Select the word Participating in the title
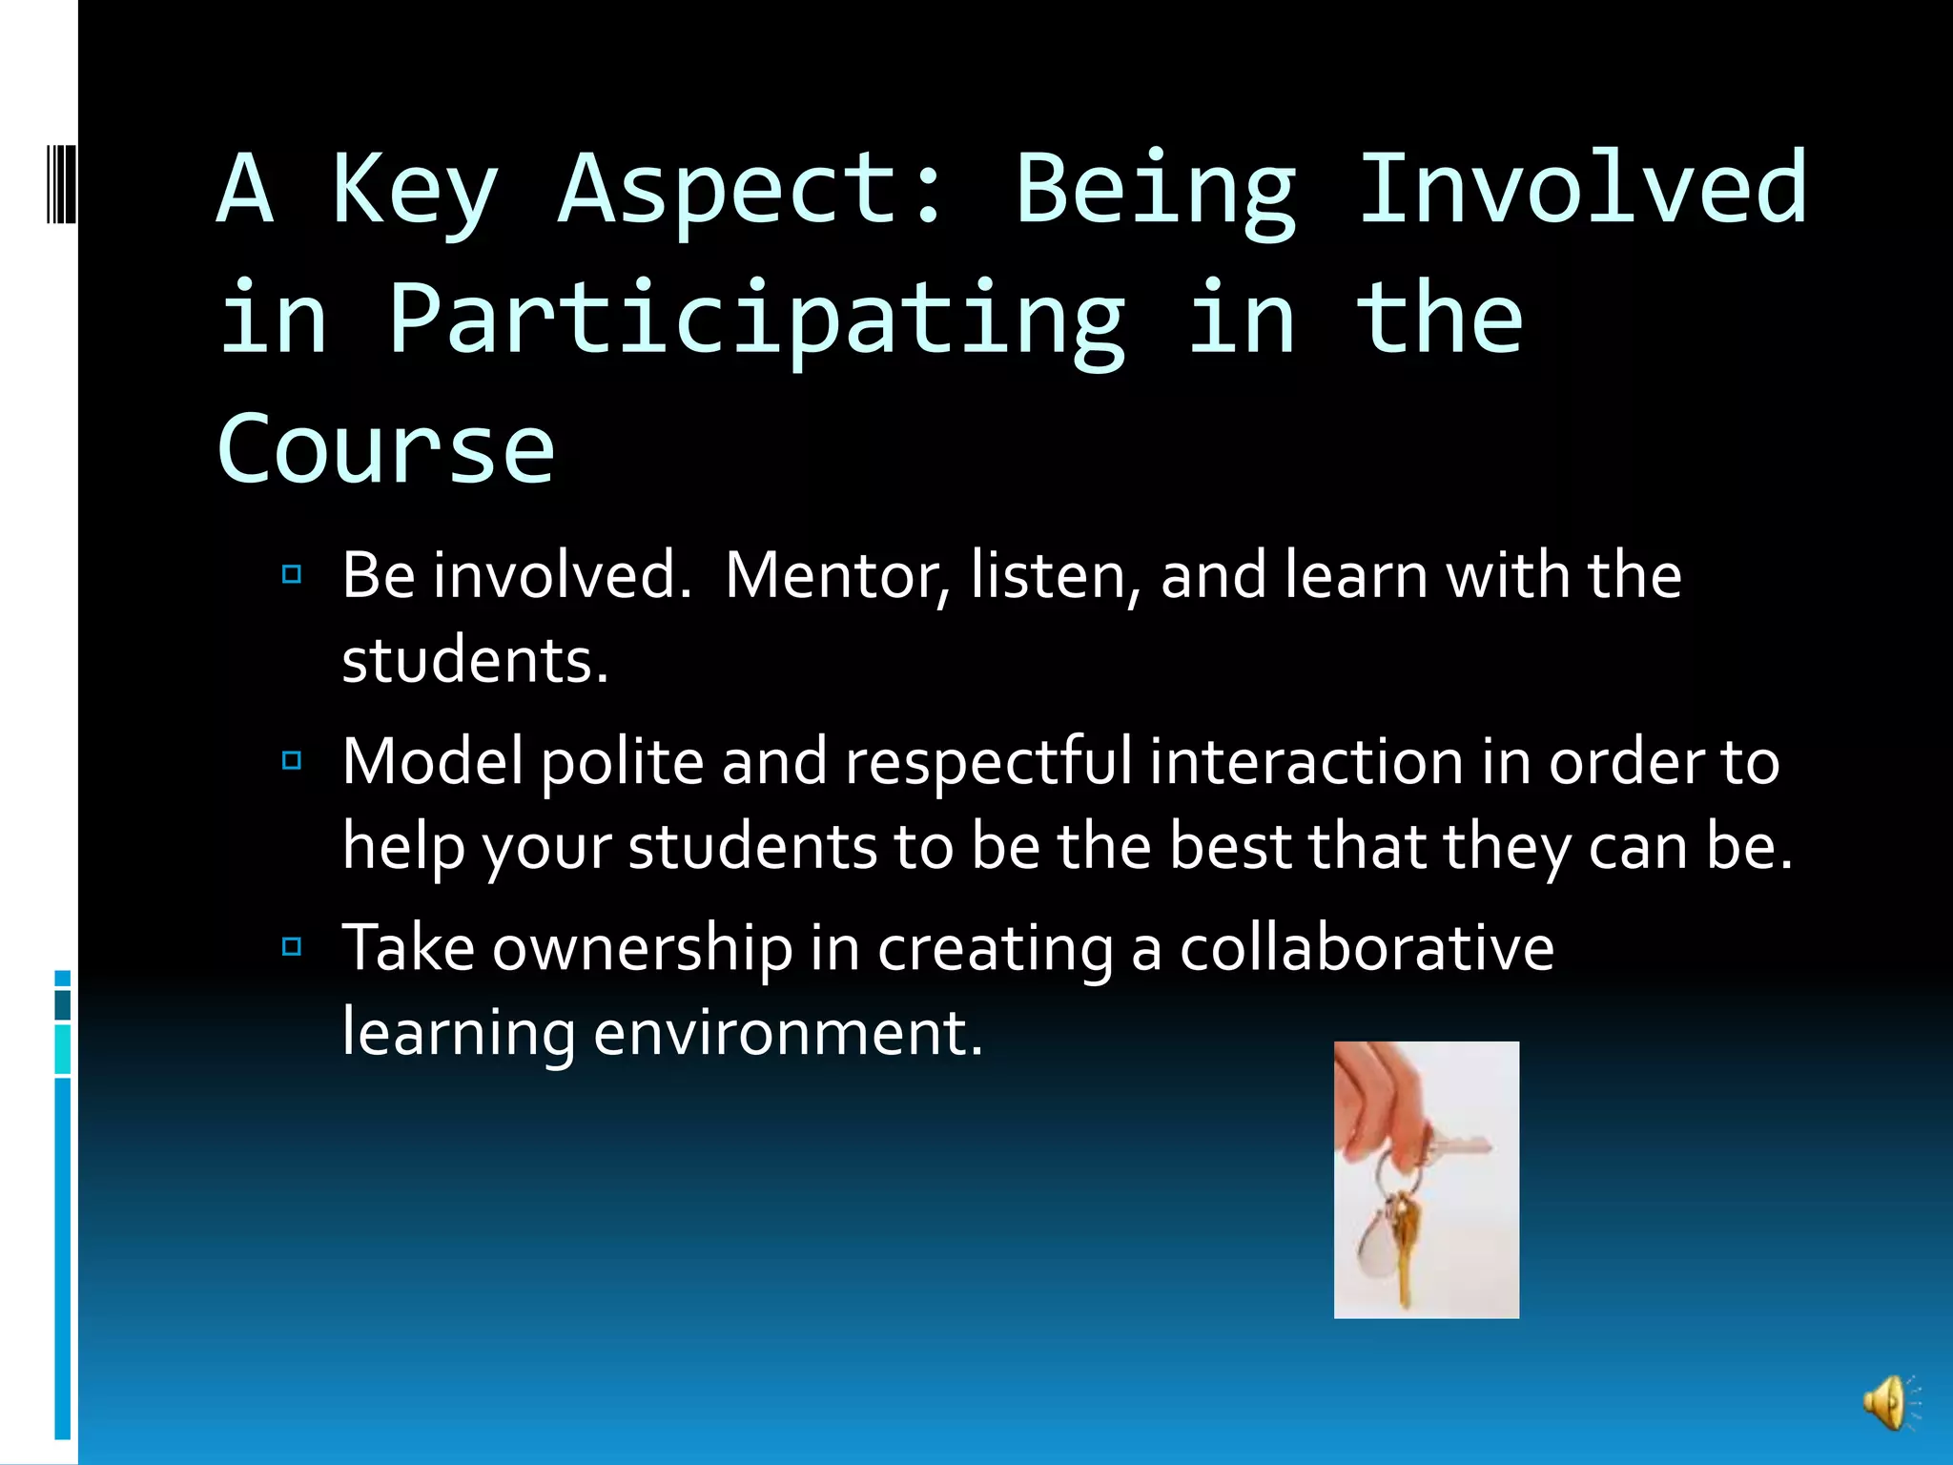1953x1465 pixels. click(x=757, y=320)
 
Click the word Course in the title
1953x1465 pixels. click(x=385, y=448)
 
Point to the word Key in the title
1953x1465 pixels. click(x=415, y=191)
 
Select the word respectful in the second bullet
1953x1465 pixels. click(x=988, y=762)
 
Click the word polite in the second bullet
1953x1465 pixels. click(x=623, y=762)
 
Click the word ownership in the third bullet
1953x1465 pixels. click(x=642, y=948)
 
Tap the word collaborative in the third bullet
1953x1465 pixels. click(x=1367, y=948)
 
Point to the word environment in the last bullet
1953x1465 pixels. click(x=787, y=1033)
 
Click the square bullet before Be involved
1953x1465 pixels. click(x=292, y=574)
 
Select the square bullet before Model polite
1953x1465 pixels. click(x=292, y=760)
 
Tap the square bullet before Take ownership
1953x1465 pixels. click(x=292, y=946)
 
